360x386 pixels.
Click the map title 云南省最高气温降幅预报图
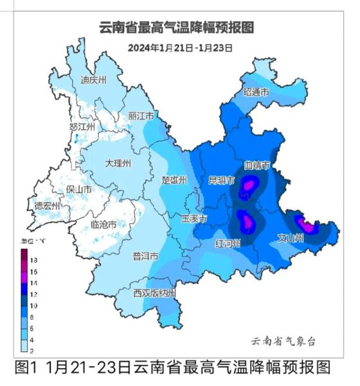pos(177,28)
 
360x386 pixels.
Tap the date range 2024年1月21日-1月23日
pos(179,48)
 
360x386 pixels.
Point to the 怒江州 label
pos(82,127)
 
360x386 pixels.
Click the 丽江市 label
pos(141,116)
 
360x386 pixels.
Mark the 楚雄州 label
pos(174,179)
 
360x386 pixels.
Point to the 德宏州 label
pos(47,206)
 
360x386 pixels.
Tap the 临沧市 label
pos(104,225)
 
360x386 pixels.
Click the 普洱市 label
pos(145,256)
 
